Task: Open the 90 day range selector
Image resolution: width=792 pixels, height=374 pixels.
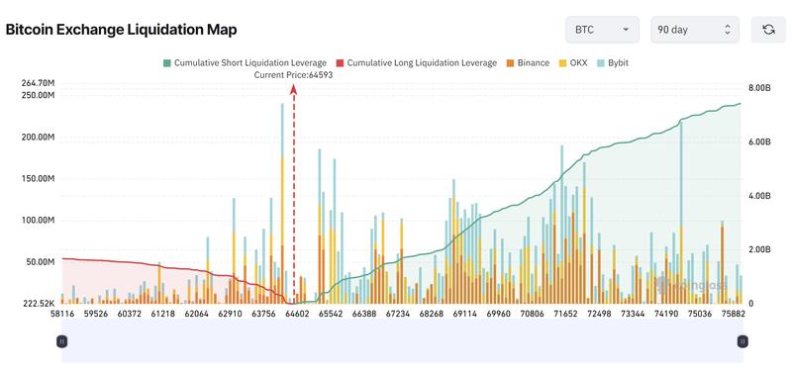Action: [694, 30]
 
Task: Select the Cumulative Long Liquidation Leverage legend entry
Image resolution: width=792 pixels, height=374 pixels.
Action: [416, 62]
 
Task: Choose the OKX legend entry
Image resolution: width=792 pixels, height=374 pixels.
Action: [576, 62]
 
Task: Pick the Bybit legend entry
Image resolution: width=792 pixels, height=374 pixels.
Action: [615, 62]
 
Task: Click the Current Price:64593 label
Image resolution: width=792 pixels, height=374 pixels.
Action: [293, 75]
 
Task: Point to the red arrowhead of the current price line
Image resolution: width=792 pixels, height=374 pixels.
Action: [294, 88]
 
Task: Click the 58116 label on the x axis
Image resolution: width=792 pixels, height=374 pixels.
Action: [62, 314]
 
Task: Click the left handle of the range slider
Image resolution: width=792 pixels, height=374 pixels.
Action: [61, 341]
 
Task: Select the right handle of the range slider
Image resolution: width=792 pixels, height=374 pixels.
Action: [741, 341]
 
